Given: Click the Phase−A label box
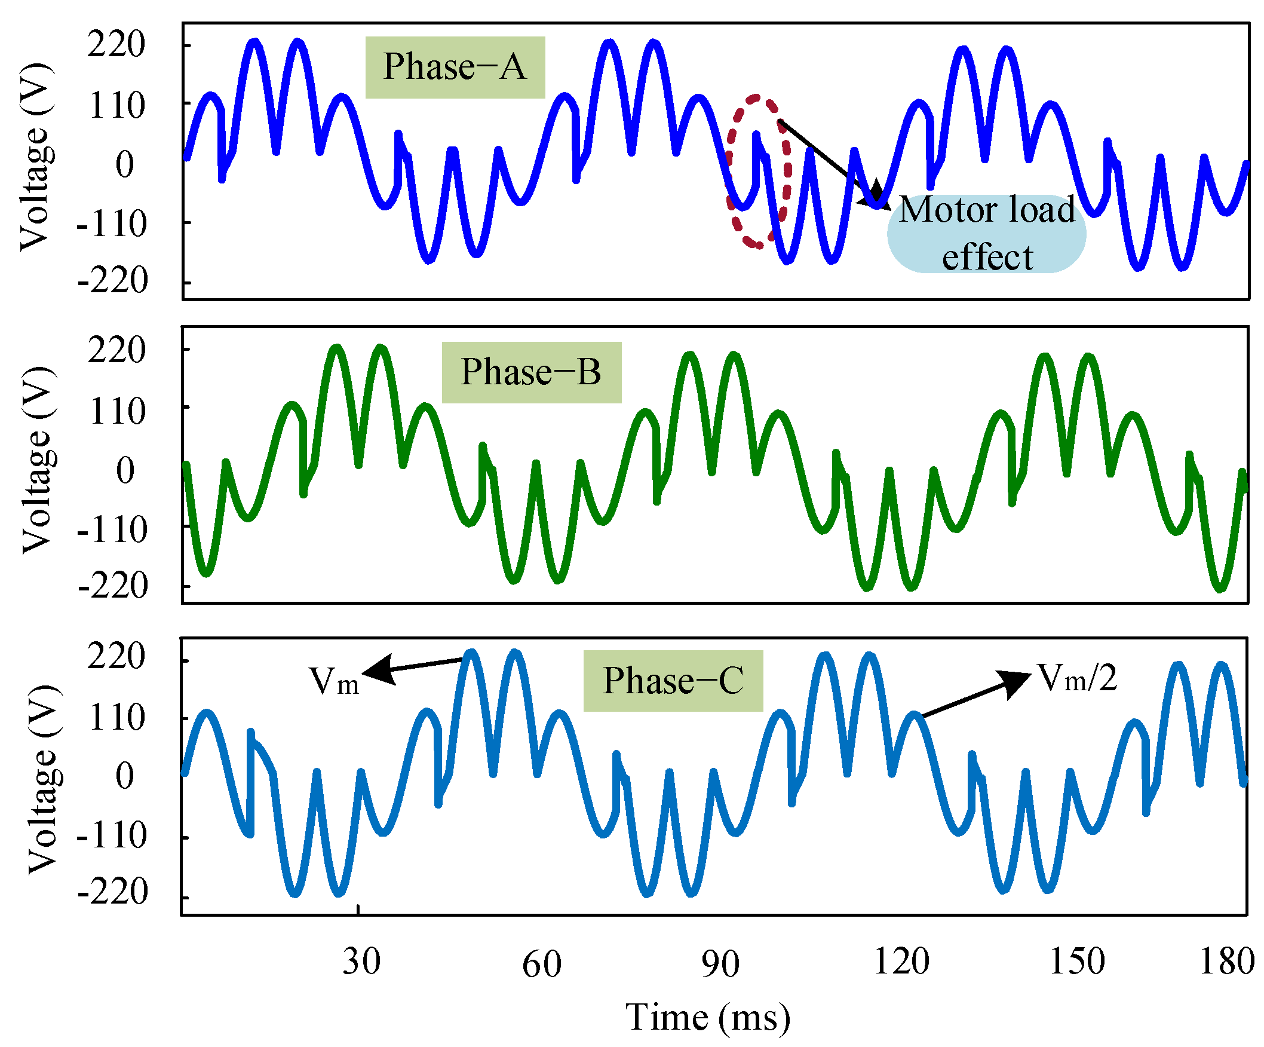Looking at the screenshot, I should [455, 67].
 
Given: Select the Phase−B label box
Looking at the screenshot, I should [531, 372].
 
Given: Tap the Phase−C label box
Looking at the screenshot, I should [673, 681].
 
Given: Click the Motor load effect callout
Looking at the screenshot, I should [986, 234].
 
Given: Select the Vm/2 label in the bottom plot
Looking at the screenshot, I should [1078, 678].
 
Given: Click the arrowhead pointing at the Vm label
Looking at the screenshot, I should [376, 671].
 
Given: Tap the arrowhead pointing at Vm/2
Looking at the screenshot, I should [1017, 681].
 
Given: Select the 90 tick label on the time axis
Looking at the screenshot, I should [720, 963].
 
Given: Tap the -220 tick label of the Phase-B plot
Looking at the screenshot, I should [112, 586].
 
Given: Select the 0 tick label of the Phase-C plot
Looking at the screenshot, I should [125, 776].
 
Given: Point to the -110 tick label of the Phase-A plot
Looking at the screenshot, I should [111, 224].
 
